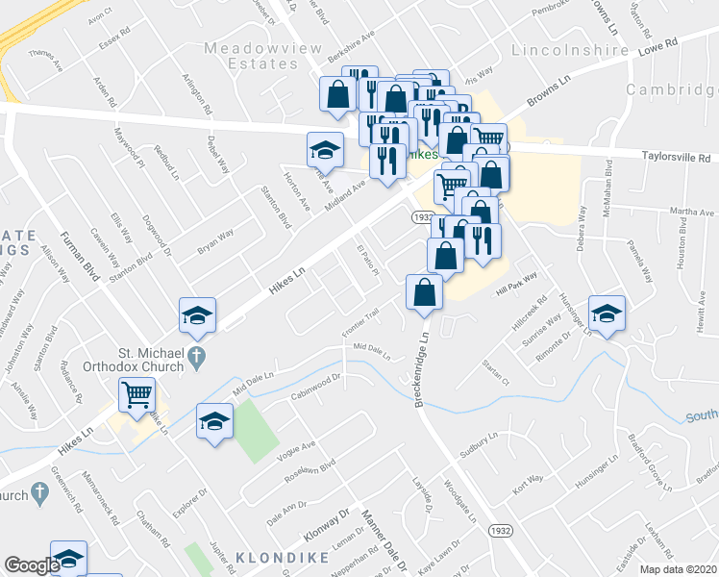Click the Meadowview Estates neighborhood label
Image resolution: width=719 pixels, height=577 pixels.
coord(252,55)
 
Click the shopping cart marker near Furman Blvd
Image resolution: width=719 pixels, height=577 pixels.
coord(137,394)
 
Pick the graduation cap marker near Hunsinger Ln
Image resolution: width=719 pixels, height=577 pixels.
coord(607,315)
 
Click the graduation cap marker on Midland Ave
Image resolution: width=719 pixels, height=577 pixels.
coord(325,150)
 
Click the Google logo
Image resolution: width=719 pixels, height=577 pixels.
coord(31,566)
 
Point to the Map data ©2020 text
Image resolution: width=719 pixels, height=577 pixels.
coord(678,569)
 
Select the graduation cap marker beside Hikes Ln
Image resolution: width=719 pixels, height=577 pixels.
coord(197,315)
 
